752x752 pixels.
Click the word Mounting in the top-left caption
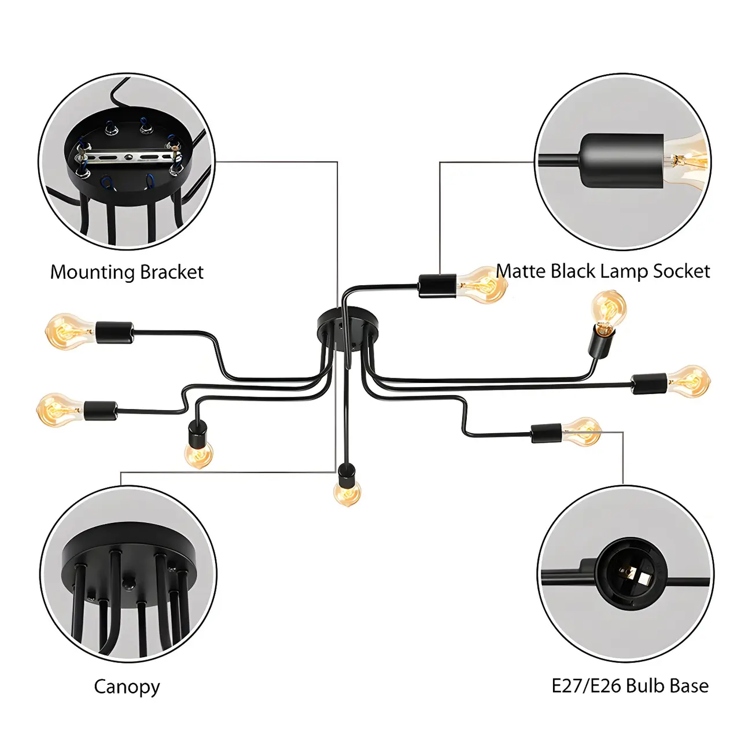pos(92,272)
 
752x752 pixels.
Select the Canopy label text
pos(127,687)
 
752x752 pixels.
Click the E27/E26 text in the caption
pos(586,686)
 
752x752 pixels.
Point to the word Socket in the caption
pos(681,271)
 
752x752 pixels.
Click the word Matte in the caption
pos(520,271)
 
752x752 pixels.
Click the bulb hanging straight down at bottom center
pos(347,492)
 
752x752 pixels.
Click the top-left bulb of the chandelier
pos(68,331)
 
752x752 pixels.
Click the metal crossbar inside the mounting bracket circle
pos(127,156)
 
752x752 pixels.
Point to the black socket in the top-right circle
pos(622,160)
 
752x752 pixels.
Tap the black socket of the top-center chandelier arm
pos(437,286)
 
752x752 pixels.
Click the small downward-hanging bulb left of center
pos(198,453)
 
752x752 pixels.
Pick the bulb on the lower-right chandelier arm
pos(583,432)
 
